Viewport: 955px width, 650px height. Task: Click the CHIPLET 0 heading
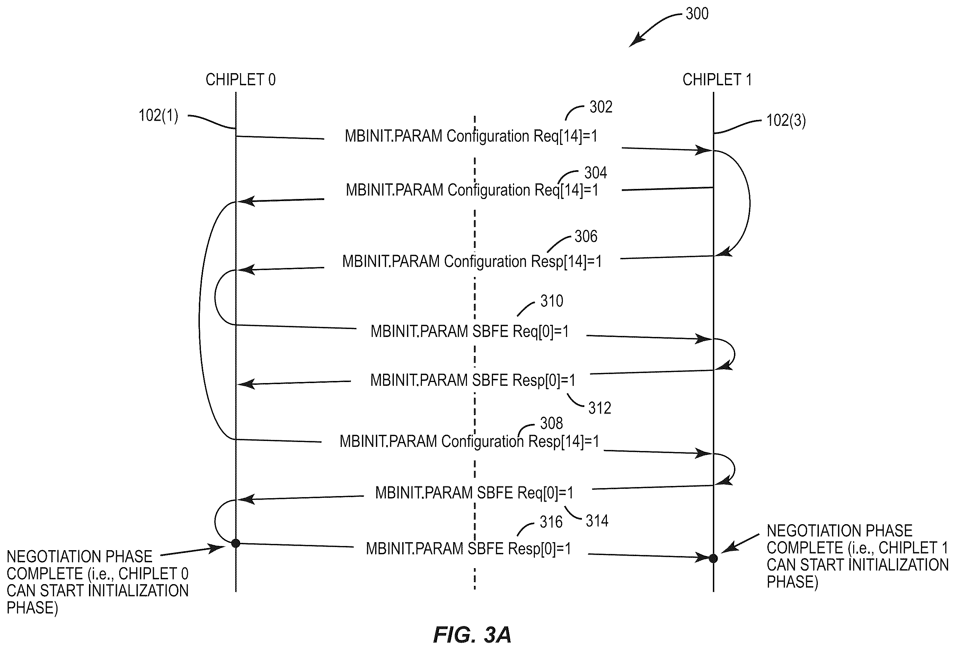240,79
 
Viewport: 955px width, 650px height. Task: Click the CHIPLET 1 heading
717,79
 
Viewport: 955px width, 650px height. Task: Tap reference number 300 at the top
697,14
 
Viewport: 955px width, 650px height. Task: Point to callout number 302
601,107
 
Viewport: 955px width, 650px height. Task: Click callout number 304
595,173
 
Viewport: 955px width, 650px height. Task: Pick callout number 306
586,236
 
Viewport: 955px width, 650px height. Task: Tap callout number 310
551,301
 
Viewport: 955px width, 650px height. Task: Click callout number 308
551,423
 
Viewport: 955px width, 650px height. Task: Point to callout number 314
597,521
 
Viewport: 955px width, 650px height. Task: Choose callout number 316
551,522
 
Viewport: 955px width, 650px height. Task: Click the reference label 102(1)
158,115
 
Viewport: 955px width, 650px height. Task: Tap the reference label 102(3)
786,120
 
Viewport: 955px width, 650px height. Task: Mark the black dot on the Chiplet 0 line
236,544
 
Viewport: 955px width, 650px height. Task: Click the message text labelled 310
470,331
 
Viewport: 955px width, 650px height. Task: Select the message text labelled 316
468,549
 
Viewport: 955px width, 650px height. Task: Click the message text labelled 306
472,261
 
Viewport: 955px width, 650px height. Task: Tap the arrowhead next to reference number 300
636,40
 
